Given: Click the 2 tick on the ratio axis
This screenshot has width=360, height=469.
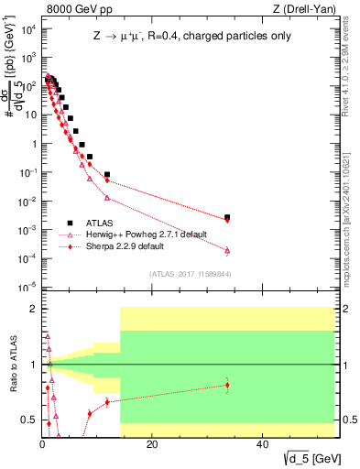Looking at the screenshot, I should click(x=35, y=309).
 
